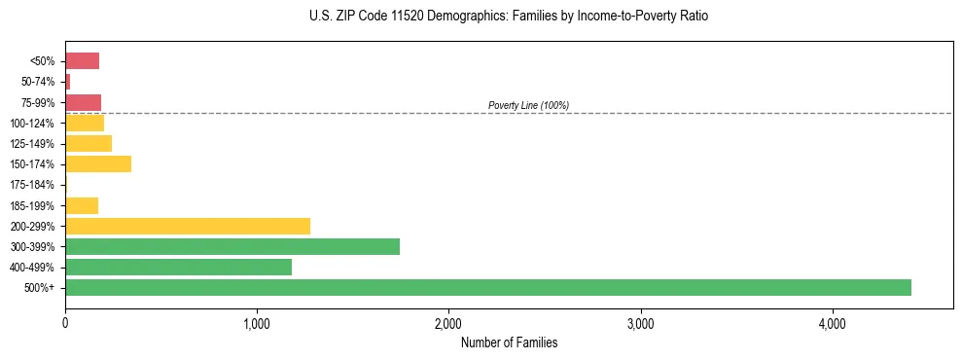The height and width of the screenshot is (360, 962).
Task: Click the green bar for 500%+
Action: [487, 287]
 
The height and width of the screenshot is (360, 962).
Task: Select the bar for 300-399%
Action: [232, 246]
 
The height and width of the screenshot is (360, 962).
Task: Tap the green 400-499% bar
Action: [178, 267]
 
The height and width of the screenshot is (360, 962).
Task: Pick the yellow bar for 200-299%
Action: [188, 226]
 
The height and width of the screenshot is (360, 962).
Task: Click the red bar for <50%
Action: [82, 61]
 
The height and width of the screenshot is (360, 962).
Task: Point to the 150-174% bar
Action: [98, 163]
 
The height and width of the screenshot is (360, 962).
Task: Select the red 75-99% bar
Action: [83, 102]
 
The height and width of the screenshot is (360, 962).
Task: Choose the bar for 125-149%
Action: [89, 143]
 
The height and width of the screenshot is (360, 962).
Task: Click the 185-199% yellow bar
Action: [82, 205]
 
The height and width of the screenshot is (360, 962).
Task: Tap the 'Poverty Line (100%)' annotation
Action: [528, 105]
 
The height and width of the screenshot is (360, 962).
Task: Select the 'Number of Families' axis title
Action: [509, 342]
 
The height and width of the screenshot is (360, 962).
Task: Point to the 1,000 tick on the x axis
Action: [257, 323]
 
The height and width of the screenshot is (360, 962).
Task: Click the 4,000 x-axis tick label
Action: [833, 323]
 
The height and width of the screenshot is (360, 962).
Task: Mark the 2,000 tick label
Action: [448, 323]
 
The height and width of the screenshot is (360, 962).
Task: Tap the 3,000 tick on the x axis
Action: [640, 323]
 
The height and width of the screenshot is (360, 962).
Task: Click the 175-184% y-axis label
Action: [31, 185]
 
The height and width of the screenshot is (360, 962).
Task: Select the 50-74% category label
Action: [37, 82]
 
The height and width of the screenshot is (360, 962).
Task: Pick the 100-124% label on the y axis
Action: [31, 123]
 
